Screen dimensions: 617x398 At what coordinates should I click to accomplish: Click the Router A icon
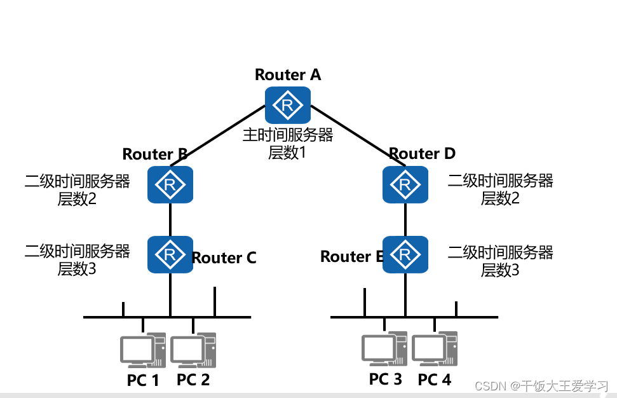288,105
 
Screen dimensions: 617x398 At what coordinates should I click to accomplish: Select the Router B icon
170,184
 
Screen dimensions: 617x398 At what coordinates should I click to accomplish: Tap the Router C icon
170,254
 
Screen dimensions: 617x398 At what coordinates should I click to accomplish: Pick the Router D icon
405,184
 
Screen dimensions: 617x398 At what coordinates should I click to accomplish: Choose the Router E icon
405,254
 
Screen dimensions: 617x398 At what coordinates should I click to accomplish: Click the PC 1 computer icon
143,350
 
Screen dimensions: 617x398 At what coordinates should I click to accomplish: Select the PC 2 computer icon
193,350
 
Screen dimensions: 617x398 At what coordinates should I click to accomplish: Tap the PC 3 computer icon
384,349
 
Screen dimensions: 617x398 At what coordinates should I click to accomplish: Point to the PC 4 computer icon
435,349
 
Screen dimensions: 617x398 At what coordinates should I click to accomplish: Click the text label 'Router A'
288,74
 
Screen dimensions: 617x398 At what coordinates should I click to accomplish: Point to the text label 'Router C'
224,258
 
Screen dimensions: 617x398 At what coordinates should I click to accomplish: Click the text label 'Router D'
422,153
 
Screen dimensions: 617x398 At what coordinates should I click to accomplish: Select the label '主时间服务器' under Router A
288,135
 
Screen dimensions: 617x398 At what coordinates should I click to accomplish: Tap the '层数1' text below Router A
287,153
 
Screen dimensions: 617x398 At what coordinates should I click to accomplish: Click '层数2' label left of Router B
77,199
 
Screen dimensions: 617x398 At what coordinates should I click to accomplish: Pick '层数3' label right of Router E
500,270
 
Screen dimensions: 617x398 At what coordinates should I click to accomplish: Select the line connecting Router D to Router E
405,220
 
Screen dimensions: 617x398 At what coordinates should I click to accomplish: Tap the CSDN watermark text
542,386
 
